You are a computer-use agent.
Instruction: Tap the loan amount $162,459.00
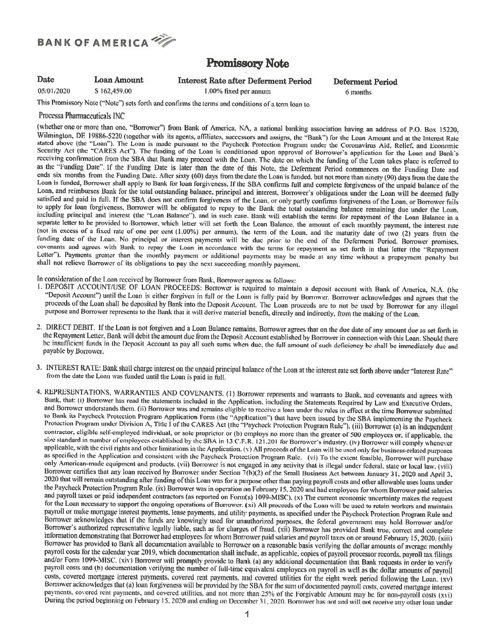point(113,91)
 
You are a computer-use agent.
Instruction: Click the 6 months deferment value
point(358,92)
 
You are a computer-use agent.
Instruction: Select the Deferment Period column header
point(365,81)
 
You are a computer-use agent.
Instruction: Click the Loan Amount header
point(119,80)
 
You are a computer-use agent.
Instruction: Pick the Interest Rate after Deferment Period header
point(245,81)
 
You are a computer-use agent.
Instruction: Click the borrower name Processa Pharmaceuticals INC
point(81,116)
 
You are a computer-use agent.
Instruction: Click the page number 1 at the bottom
point(246,615)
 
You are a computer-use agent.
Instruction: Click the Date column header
point(46,80)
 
